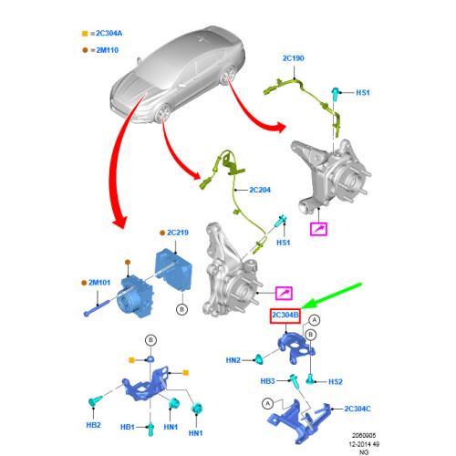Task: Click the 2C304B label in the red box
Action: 285,315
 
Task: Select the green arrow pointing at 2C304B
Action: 331,295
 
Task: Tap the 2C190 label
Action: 293,58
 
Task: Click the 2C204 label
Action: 260,190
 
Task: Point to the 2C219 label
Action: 178,233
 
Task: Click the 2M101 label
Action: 99,283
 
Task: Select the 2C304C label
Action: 358,409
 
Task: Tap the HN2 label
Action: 233,360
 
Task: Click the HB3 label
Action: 267,381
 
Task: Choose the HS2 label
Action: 336,382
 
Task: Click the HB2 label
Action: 93,425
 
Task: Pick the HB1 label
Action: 128,427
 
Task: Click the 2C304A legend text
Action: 109,34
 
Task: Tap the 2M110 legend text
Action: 108,50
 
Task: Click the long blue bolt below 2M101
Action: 97,308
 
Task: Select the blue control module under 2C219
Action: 173,270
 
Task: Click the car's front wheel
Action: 162,113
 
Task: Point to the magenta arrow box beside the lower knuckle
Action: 284,294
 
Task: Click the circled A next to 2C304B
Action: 315,320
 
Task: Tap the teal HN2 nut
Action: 259,359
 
